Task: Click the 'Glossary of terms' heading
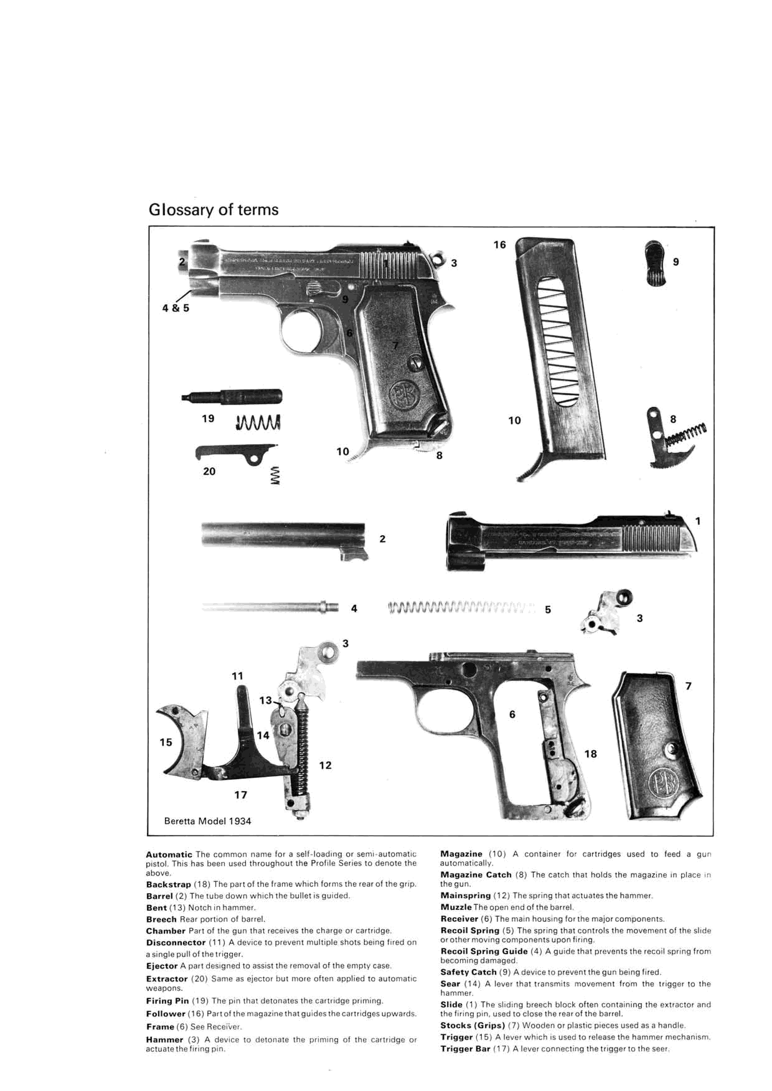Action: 214,210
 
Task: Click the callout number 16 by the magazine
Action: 500,245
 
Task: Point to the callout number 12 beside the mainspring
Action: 325,765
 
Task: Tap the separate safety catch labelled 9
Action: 656,263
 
